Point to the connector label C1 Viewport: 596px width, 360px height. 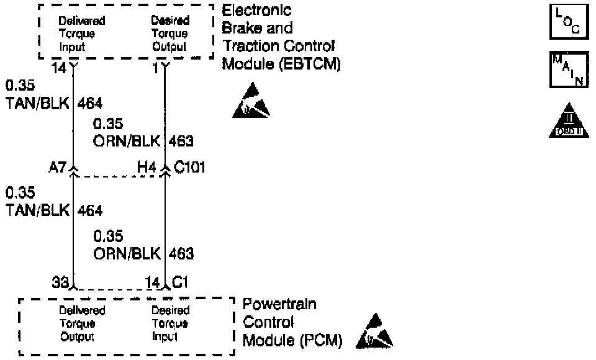pyautogui.click(x=181, y=282)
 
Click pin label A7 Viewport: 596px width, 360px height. pyautogui.click(x=58, y=168)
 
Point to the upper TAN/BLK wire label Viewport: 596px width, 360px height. pyautogui.click(x=38, y=102)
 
